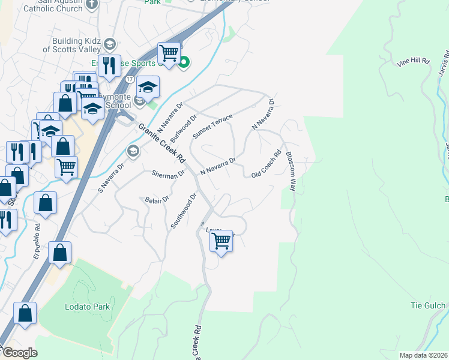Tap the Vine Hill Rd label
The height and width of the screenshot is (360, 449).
click(x=414, y=62)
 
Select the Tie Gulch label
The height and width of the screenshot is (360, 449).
click(x=428, y=305)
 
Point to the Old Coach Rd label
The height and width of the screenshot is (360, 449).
click(x=267, y=164)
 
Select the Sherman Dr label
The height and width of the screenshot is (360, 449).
click(x=168, y=174)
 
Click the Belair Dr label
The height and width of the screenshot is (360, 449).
click(x=157, y=200)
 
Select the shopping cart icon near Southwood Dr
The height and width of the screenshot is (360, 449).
click(x=221, y=241)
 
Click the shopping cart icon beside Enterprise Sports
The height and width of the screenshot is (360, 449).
click(x=169, y=53)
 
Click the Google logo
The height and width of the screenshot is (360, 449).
click(x=20, y=353)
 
